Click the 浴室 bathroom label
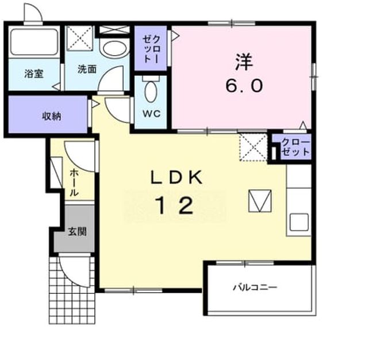pos(34,74)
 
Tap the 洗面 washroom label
pos(87,69)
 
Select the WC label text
pos(152,114)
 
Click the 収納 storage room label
pos(52,116)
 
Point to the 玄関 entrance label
pos(78,232)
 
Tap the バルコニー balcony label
pos(255,287)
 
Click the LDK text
pos(177,178)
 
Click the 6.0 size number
pos(244,86)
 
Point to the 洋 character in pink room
pos(244,62)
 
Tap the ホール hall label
pos(74,182)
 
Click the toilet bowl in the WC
pos(151,91)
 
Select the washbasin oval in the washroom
pos(115,48)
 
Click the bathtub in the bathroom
pos(34,42)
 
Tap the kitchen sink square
pos(299,222)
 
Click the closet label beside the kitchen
pos(296,147)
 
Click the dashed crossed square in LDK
pos(254,147)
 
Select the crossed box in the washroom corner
pos(79,38)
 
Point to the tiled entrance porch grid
pos(72,290)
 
